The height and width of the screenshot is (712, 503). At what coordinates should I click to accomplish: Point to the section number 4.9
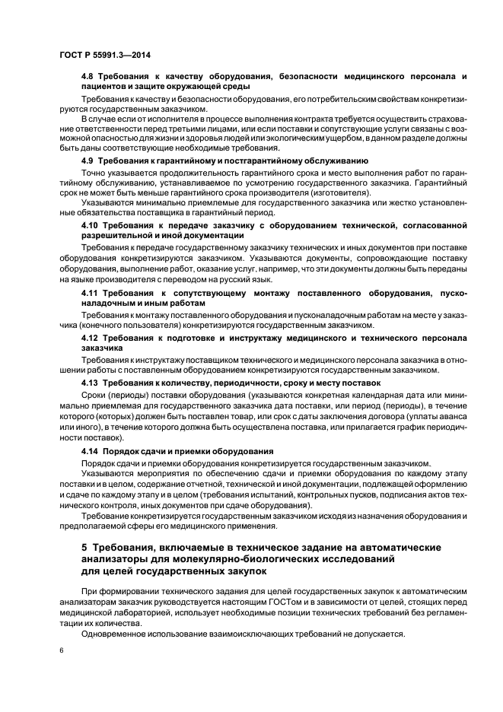[x=89, y=161]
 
